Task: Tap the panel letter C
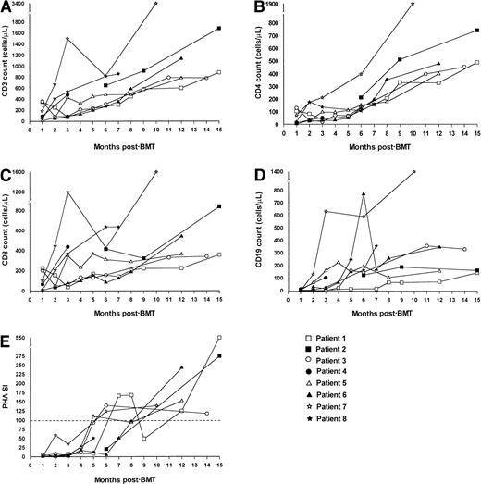click(x=6, y=173)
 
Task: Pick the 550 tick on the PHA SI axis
click(x=18, y=339)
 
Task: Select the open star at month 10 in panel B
click(x=412, y=4)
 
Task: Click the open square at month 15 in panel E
click(x=219, y=338)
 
